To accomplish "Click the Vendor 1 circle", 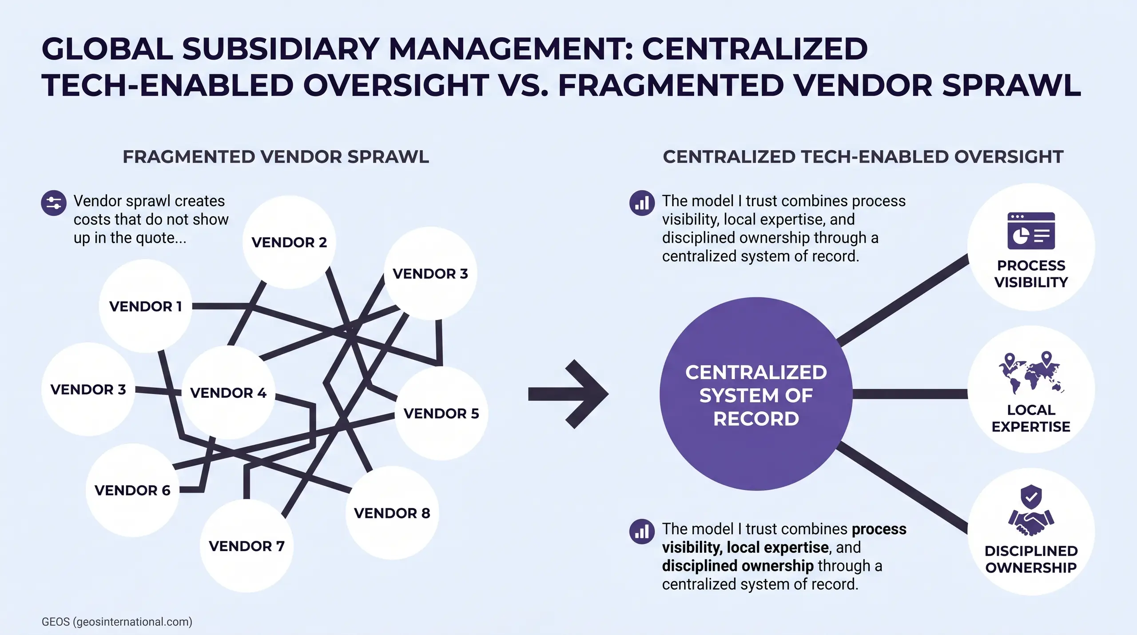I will coord(145,306).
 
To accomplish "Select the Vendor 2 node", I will coord(289,242).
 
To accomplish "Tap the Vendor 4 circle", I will coord(228,393).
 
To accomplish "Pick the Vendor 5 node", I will coord(441,413).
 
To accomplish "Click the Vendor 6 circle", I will coord(132,490).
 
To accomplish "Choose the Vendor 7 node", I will coord(246,546).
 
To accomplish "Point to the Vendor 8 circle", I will coord(392,513).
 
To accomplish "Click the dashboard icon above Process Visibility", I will coord(1031,231).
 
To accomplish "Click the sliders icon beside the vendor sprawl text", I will coord(54,204).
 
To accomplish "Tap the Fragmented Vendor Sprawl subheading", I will coord(276,157).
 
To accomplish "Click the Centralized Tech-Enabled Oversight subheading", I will coord(863,157).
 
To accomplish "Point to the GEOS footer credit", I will coord(117,621).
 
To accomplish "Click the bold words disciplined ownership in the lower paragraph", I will coord(738,566).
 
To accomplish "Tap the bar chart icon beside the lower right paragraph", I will coord(642,531).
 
